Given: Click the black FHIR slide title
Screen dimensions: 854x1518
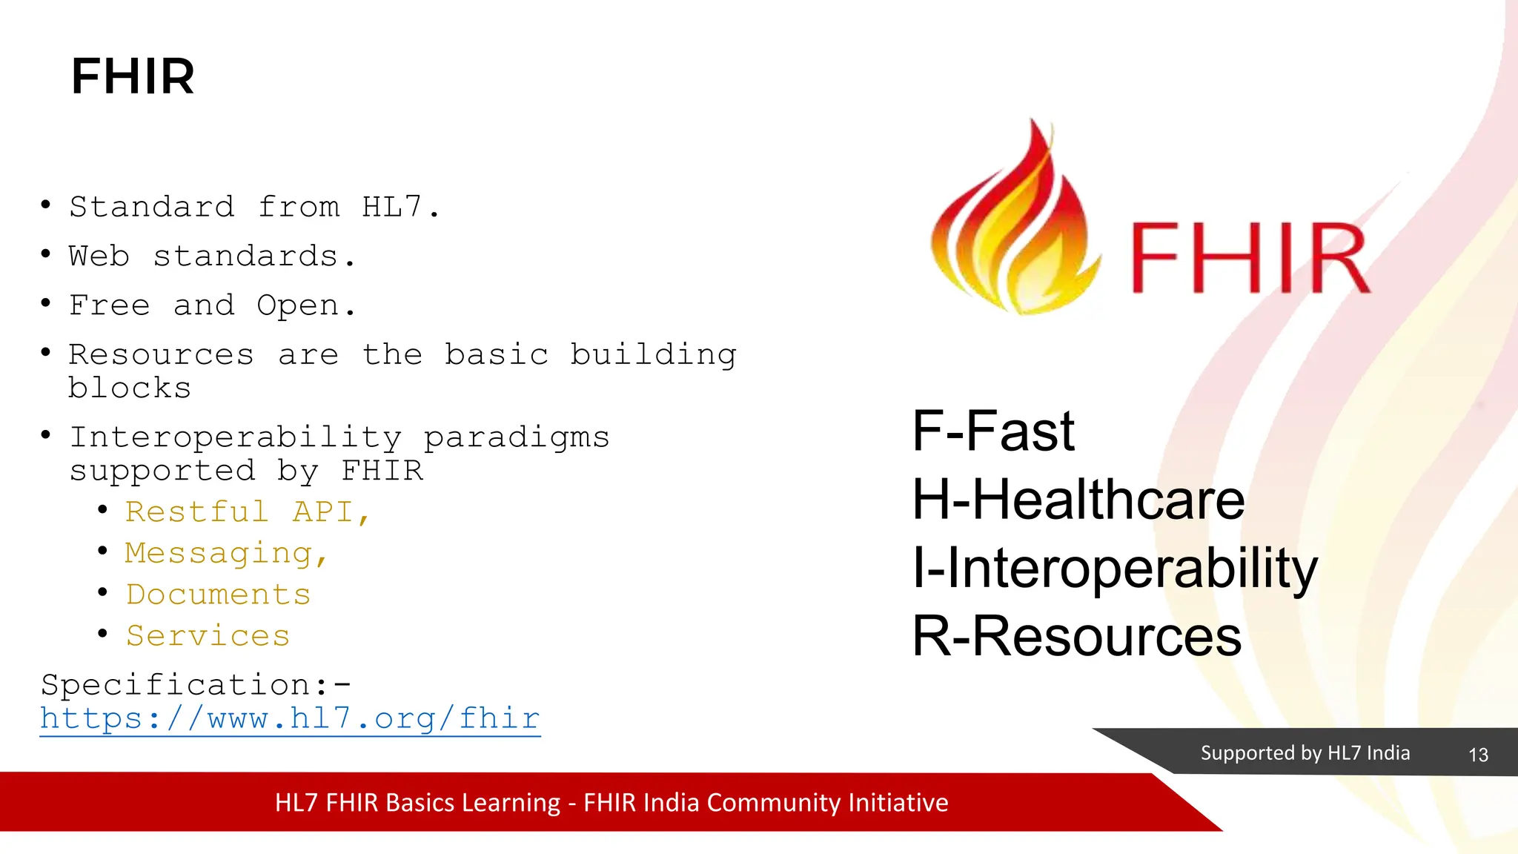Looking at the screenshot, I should [133, 76].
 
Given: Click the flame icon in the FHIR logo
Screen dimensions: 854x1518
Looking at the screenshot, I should [1011, 222].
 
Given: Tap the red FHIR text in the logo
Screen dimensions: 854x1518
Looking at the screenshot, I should [1250, 259].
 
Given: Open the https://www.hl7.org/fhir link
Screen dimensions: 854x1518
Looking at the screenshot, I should [290, 718].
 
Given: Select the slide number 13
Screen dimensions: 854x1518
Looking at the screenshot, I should [1478, 755].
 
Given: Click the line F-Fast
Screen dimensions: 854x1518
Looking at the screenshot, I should [993, 431].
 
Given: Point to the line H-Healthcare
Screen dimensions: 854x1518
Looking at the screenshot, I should [1078, 500].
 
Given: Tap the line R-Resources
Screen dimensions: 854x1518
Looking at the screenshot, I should [1076, 636].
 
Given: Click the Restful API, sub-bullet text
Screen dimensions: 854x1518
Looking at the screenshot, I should [248, 512].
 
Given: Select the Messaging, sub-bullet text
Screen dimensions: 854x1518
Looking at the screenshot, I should [226, 554].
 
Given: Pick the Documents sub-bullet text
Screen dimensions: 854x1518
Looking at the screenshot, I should [218, 595].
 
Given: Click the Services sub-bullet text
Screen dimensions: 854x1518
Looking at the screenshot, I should [208, 636].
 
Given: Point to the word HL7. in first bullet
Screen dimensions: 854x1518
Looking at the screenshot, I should [400, 207].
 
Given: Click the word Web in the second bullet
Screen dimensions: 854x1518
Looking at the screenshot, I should [99, 256].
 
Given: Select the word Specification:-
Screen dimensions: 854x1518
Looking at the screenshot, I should [196, 685].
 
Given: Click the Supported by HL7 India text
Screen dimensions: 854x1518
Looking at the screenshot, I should [1305, 753].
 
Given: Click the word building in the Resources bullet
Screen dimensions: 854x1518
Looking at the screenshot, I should [653, 355].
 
